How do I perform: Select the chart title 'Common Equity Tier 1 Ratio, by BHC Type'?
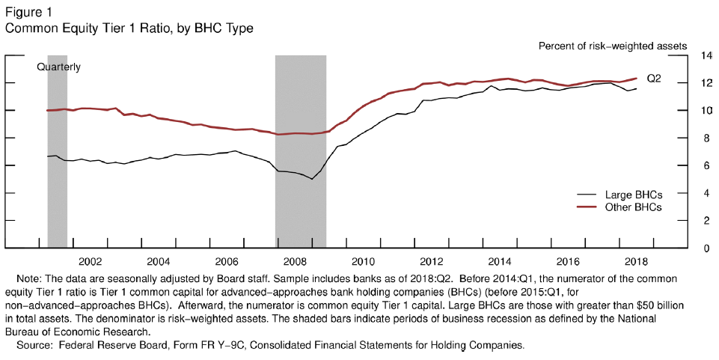[129, 28]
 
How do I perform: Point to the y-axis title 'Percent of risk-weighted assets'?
[613, 46]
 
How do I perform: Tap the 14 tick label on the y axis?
[706, 55]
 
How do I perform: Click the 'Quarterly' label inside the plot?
[59, 67]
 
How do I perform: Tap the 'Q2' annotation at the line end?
[654, 79]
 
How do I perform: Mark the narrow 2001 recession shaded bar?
[57, 150]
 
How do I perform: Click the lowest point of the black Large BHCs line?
[312, 179]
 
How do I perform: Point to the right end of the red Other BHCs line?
[637, 78]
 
